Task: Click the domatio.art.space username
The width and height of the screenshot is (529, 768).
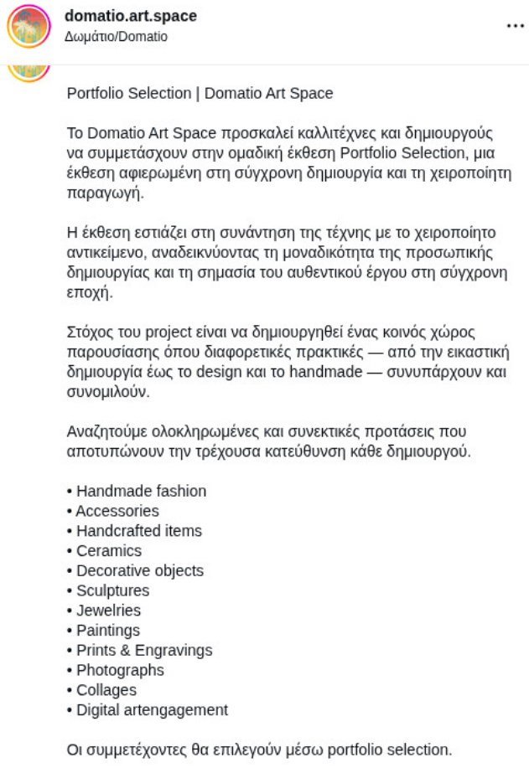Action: tap(130, 16)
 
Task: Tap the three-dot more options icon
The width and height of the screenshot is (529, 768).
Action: tap(515, 26)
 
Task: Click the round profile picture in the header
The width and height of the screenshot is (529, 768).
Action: tap(29, 26)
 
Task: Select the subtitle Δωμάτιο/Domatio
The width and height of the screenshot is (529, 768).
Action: tap(116, 37)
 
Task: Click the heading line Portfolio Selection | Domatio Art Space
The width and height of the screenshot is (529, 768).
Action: tap(200, 93)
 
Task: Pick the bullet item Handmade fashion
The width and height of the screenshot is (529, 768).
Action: tap(141, 491)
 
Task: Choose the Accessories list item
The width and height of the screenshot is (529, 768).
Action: tap(117, 511)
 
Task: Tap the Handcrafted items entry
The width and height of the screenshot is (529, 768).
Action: tap(139, 531)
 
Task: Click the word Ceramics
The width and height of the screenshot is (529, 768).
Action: tap(109, 551)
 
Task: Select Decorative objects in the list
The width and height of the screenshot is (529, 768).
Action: tap(140, 570)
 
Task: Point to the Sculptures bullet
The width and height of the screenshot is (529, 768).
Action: tap(113, 590)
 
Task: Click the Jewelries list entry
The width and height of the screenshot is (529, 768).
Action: tap(109, 611)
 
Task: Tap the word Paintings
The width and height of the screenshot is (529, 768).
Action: tap(108, 631)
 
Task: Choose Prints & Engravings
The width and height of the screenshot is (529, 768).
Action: tap(144, 650)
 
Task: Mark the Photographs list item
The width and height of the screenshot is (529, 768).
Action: tap(120, 670)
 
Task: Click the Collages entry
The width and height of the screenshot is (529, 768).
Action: tap(106, 690)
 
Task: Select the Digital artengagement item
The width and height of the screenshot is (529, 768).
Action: tap(152, 710)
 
